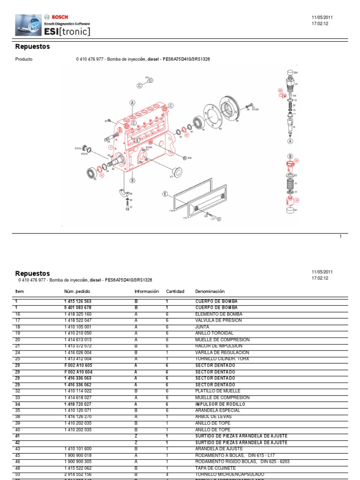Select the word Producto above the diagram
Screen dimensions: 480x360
(24, 60)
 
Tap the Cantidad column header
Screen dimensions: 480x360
(175, 291)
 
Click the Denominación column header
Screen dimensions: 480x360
(210, 291)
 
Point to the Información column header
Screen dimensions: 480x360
(147, 291)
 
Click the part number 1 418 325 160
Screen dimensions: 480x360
(78, 314)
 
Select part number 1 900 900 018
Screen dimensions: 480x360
(78, 455)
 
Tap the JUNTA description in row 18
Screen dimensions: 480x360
(202, 327)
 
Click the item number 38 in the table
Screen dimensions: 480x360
(18, 416)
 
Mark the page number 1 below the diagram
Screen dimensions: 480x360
(341, 237)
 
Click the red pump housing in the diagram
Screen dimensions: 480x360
(141, 141)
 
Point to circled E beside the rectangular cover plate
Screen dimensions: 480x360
(165, 193)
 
